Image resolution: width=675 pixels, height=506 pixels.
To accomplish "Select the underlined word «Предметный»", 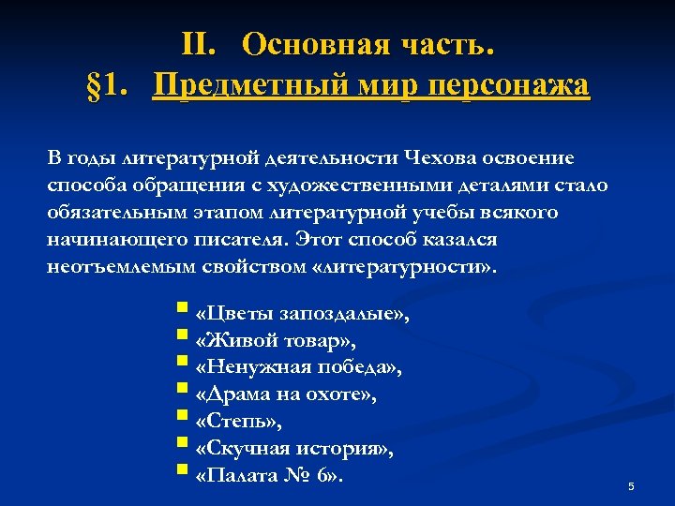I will point(252,86).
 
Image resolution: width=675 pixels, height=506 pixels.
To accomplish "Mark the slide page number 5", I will point(632,486).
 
